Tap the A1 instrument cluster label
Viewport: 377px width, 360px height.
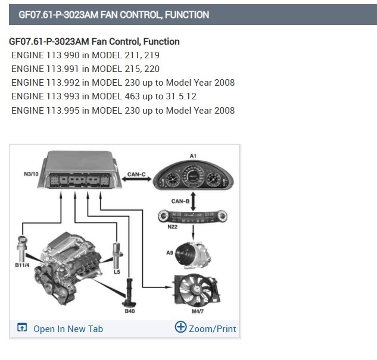click(192, 155)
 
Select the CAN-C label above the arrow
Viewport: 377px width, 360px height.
click(136, 174)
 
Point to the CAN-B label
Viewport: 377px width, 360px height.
click(180, 201)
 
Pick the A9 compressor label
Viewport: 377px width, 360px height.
click(170, 253)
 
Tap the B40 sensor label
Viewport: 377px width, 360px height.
click(130, 311)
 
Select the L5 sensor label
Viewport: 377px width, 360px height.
click(117, 272)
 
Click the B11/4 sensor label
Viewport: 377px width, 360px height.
click(23, 265)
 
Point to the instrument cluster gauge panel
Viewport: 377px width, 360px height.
click(194, 177)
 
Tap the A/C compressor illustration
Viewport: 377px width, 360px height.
click(193, 255)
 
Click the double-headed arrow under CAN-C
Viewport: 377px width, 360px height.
click(136, 181)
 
